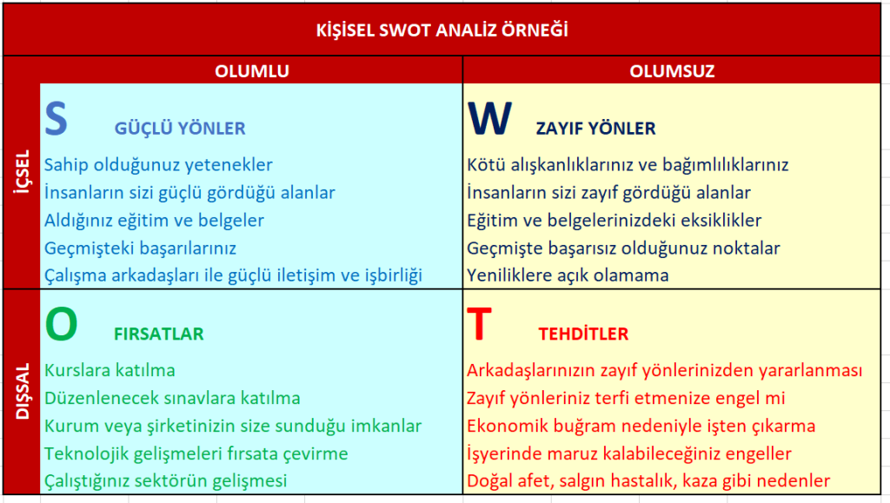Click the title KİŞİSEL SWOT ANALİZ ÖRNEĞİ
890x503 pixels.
pos(442,30)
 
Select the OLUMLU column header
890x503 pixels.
pos(252,71)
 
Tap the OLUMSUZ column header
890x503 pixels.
pos(672,71)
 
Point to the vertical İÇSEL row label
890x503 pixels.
pos(23,172)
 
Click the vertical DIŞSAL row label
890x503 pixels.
pos(23,391)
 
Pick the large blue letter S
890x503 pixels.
pos(56,118)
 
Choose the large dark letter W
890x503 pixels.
pos(490,118)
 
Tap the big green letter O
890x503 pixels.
pos(62,324)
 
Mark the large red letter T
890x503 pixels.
pos(479,324)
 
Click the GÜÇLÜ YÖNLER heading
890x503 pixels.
pos(180,129)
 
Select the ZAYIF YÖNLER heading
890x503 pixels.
pos(596,129)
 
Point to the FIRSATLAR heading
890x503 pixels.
pos(159,334)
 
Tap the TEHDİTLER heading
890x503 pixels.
pos(583,334)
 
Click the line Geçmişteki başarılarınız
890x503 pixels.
pos(140,248)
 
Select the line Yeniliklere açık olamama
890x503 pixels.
pos(568,275)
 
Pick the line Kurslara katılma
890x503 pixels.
pos(110,370)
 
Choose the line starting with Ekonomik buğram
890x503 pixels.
pos(641,426)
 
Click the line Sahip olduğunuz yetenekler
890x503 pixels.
pos(158,165)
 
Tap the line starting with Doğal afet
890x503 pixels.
pos(648,481)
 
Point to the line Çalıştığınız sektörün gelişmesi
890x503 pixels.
pos(166,481)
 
